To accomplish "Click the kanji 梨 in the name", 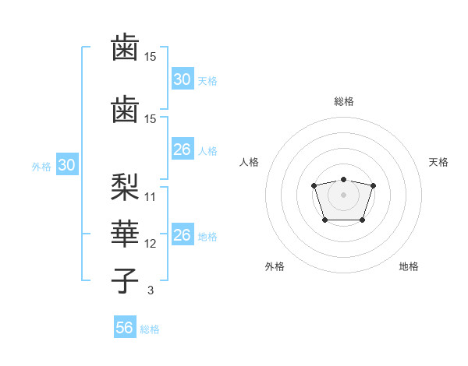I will pyautogui.click(x=125, y=185).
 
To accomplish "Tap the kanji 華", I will pyautogui.click(x=125, y=232).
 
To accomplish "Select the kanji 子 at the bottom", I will pyautogui.click(x=125, y=280).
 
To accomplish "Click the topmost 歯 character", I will pyautogui.click(x=125, y=46).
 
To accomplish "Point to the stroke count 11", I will pyautogui.click(x=151, y=196).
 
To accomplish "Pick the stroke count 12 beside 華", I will pyautogui.click(x=151, y=243).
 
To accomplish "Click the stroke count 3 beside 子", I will pyautogui.click(x=151, y=290).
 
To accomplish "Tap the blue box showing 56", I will pyautogui.click(x=125, y=328).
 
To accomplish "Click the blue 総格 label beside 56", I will pyautogui.click(x=150, y=329).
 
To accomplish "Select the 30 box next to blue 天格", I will pyautogui.click(x=182, y=79).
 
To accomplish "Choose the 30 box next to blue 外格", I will pyautogui.click(x=66, y=165).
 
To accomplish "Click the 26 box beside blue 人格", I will pyautogui.click(x=182, y=150).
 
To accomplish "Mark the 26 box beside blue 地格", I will pyautogui.click(x=182, y=235).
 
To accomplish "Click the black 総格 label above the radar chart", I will pyautogui.click(x=343, y=101).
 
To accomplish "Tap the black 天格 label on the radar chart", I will pyautogui.click(x=438, y=162).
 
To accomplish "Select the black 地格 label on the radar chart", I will pyautogui.click(x=409, y=266).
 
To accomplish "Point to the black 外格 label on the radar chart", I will pyautogui.click(x=275, y=266).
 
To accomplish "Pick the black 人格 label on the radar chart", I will pyautogui.click(x=250, y=162).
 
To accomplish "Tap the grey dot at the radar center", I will pyautogui.click(x=343, y=195).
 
